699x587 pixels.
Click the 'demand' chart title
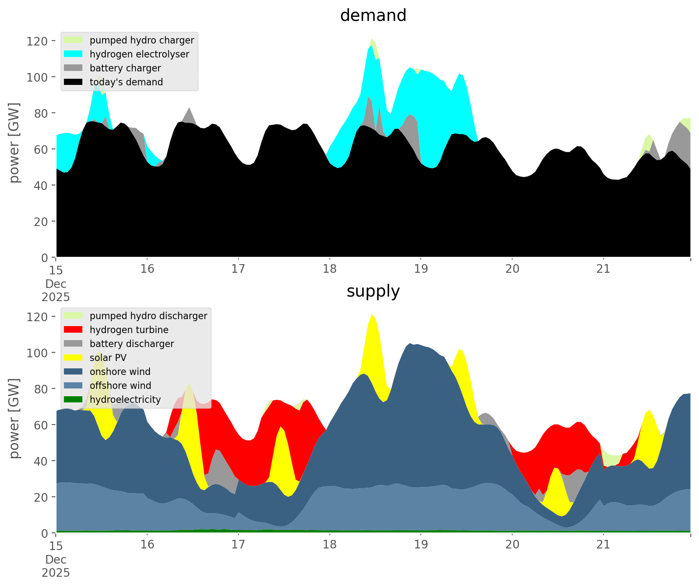(373, 16)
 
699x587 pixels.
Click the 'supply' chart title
(373, 291)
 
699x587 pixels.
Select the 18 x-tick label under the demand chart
(329, 269)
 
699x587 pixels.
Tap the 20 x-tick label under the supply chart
(512, 545)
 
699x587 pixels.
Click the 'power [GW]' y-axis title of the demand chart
(14, 143)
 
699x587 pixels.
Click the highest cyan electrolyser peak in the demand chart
(371, 46)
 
